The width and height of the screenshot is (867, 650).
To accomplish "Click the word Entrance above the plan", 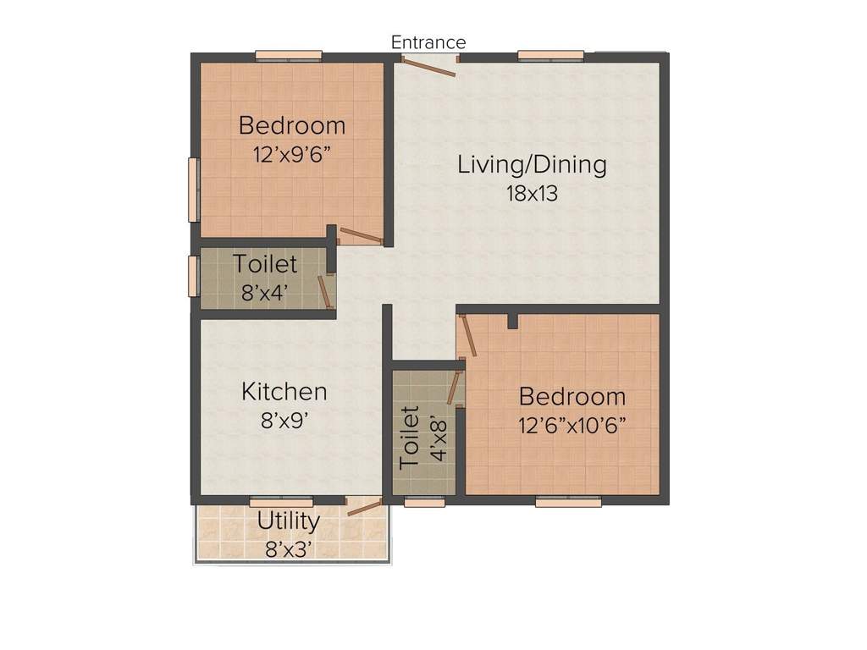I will coord(428,42).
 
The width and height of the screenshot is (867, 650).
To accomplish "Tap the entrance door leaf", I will coord(430,67).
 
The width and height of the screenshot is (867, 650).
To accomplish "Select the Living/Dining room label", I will coord(532,164).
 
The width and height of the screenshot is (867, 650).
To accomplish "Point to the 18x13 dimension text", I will coord(532,193).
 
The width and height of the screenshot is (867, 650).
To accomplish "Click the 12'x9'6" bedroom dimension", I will coord(292,155).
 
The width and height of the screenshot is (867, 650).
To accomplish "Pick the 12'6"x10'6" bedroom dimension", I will coord(572,425).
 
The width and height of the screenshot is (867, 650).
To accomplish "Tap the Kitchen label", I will coord(284,392).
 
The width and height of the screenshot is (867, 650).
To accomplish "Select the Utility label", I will coord(289,521).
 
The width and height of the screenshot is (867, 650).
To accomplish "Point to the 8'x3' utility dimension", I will coord(289,548).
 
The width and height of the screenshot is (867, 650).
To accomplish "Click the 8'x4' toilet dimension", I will coord(265,293).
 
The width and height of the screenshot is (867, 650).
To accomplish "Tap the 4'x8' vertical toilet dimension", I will coord(437,437).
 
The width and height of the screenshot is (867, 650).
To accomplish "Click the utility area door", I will coord(365,506).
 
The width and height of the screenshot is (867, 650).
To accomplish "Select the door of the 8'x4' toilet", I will coord(323,290).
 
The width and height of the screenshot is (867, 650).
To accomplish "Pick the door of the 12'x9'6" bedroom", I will coord(361,236).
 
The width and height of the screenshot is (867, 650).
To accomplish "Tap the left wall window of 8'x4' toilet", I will coord(193,276).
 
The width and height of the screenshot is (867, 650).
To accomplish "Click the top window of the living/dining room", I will coord(550,56).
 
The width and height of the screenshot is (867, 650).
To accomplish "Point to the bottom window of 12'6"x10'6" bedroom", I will coord(568,502).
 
